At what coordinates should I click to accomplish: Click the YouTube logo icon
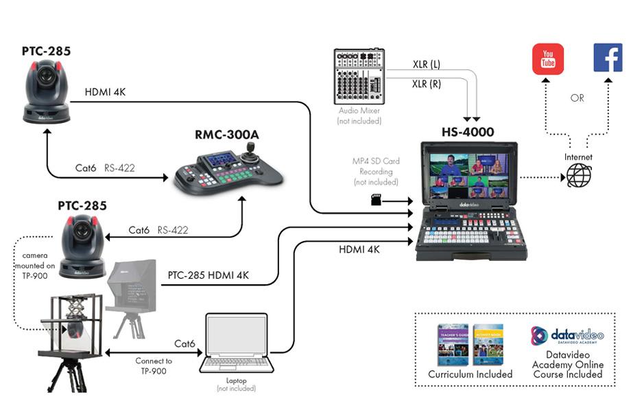548,58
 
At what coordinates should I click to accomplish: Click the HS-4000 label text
468,132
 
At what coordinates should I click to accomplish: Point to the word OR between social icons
578,98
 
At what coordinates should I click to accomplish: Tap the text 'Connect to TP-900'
154,365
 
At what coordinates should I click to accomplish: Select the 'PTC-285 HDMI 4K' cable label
209,275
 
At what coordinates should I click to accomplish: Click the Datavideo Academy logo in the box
568,336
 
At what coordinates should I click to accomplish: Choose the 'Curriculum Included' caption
471,374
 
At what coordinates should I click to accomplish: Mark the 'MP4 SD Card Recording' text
376,172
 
